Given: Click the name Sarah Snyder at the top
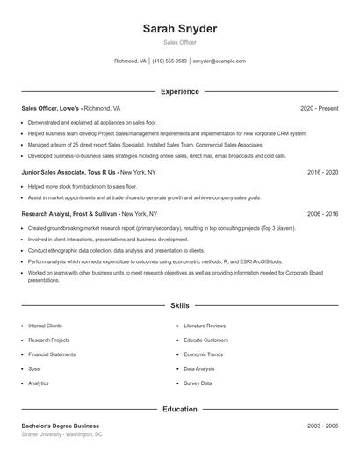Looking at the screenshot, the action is coord(180,29).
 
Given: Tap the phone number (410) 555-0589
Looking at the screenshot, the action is coord(169,61).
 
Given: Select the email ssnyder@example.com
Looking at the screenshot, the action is coord(219,61).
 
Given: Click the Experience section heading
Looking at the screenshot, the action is coord(180,91).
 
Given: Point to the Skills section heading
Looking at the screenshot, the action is coord(180,306).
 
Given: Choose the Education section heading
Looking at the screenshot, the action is coord(180,409).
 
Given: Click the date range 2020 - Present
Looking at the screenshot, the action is coord(319,108).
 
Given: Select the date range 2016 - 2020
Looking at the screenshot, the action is coord(322,173).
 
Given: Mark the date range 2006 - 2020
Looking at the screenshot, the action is coord(322,214).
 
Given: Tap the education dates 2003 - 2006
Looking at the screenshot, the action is coord(322,426).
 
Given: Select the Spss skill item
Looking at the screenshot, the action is coord(33,369).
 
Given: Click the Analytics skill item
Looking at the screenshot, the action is coord(39,383).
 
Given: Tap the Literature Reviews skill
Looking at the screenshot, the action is coord(205,325).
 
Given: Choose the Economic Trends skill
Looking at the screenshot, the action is coord(204,354).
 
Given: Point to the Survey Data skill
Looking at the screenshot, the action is coord(198,383).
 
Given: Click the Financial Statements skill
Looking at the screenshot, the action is coord(51,354).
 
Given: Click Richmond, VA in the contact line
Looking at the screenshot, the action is coord(131,61).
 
